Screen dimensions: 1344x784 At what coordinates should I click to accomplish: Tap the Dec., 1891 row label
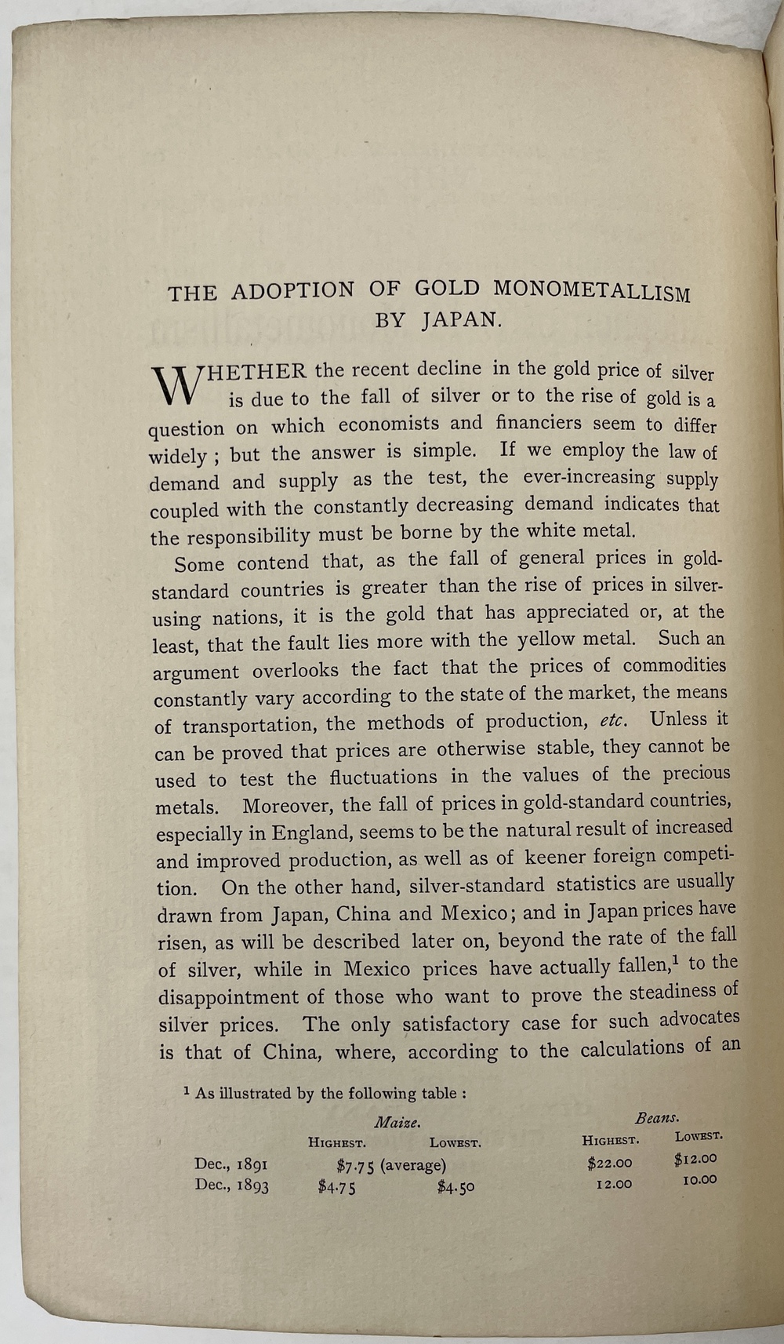[x=231, y=1165]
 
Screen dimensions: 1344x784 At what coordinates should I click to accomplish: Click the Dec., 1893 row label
[x=231, y=1186]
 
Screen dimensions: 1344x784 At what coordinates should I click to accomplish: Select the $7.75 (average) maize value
[x=390, y=1166]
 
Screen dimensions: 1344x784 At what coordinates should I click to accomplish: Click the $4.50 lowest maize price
[x=456, y=1187]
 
